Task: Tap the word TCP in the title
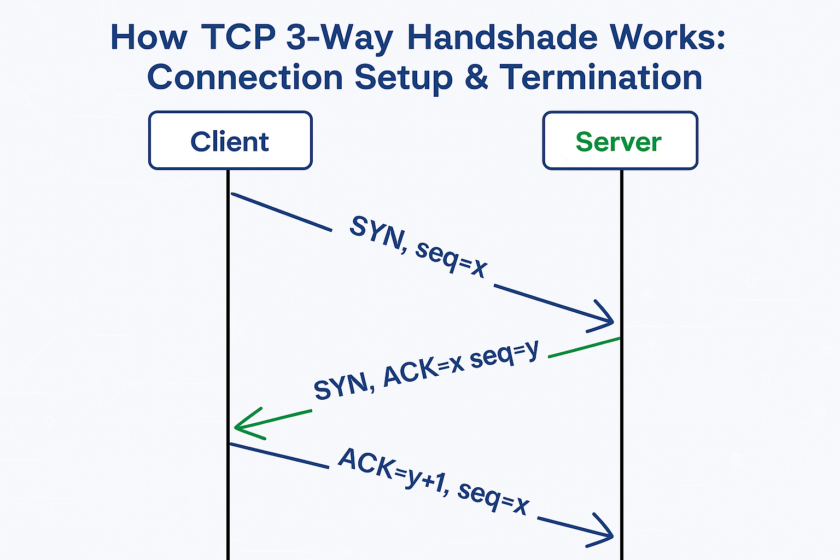click(x=238, y=37)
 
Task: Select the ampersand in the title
click(x=476, y=77)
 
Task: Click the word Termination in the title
click(x=601, y=77)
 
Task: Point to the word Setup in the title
click(x=404, y=79)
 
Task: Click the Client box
click(x=230, y=141)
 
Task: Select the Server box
click(x=620, y=141)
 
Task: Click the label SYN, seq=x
click(x=418, y=247)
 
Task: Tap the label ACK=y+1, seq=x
click(x=434, y=481)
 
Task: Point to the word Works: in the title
click(x=667, y=37)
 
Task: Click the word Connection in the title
click(x=245, y=77)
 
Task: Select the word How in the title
click(x=149, y=37)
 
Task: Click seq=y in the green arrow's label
click(x=504, y=354)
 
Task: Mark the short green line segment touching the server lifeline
click(x=584, y=348)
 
